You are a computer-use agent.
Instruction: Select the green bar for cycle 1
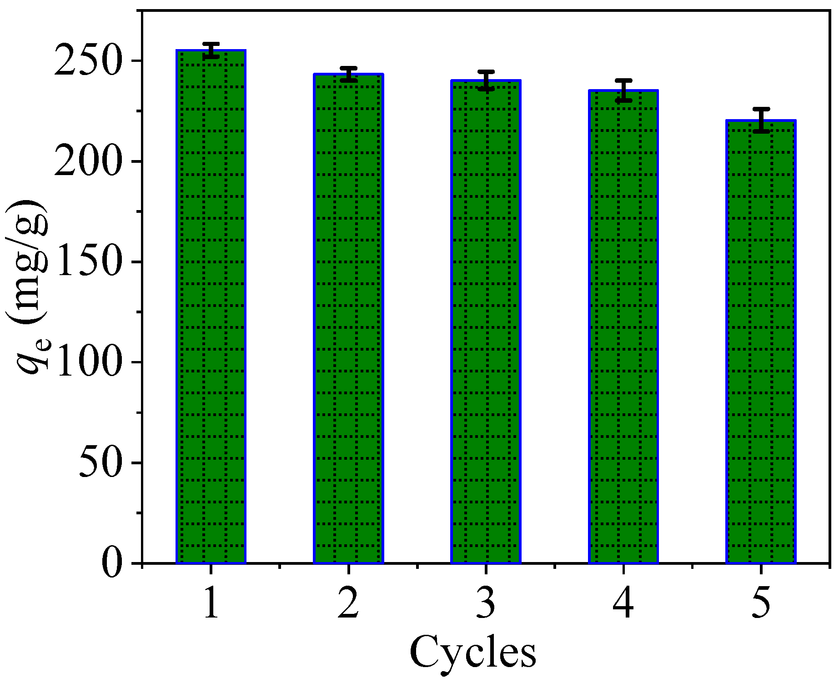coord(211,307)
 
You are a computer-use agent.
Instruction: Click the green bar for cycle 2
coord(349,318)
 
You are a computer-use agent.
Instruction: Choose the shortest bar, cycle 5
coord(761,341)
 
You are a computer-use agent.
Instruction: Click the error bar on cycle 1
coord(211,50)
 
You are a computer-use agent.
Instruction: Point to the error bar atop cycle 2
coord(349,74)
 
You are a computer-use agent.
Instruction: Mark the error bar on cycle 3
coord(486,80)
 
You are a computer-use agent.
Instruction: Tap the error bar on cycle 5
coord(761,121)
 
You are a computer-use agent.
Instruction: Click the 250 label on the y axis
coord(88,61)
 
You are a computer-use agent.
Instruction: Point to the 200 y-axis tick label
coord(88,161)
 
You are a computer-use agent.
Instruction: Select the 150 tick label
coord(88,262)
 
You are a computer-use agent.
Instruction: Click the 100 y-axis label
coord(88,362)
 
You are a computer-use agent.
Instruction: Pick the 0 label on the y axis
coord(112,563)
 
